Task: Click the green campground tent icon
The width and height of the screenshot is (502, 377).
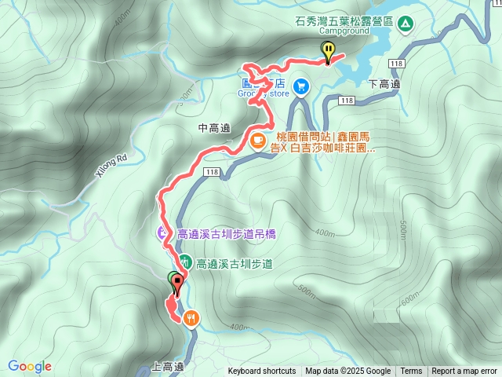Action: point(405,24)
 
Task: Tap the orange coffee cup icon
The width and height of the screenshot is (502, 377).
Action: point(257,141)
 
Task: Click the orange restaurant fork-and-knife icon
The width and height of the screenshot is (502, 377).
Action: point(191,317)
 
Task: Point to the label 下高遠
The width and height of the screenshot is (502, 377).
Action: point(384,84)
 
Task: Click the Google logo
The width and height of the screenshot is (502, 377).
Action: point(30,367)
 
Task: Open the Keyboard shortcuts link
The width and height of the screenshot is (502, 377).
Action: point(262,372)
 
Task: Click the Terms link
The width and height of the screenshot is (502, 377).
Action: point(411,372)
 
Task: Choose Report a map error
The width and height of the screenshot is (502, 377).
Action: point(465,372)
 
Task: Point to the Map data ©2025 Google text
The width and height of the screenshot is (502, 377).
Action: point(348,372)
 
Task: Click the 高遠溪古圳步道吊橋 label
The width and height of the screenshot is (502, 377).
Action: point(224,233)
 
